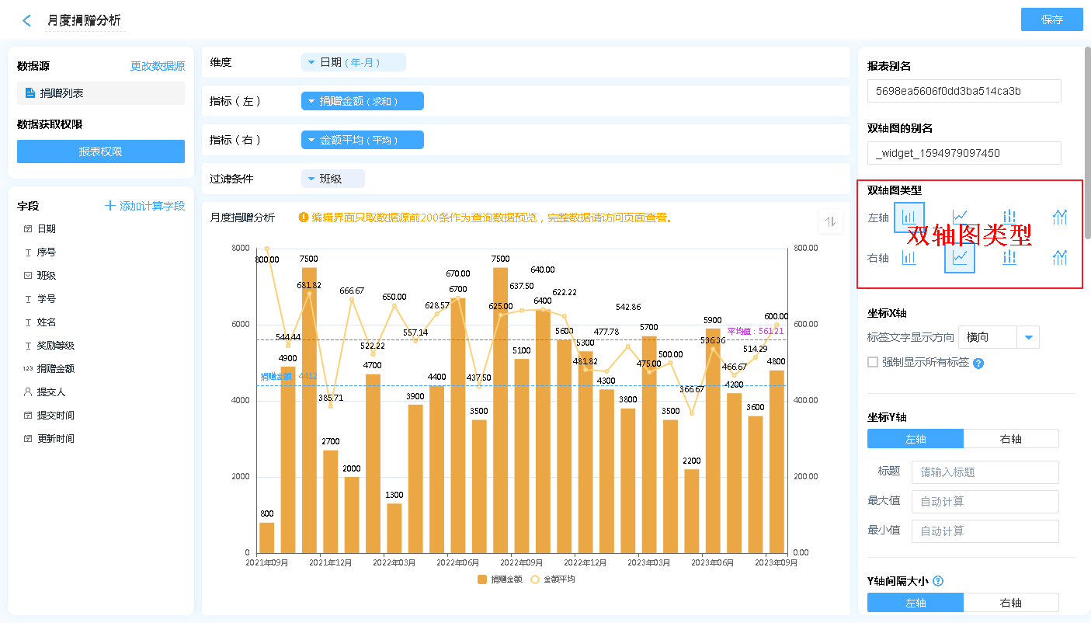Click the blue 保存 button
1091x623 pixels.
tap(1051, 19)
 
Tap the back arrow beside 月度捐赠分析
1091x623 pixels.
tap(27, 21)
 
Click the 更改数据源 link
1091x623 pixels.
tap(157, 67)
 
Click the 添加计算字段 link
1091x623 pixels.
tap(145, 206)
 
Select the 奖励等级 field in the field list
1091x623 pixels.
tap(56, 346)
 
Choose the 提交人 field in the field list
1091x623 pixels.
tap(51, 392)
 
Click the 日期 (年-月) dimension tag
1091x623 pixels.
tap(353, 62)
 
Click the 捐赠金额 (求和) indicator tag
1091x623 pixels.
tap(362, 101)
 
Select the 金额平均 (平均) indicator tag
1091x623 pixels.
tap(362, 140)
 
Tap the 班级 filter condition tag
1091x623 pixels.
tap(332, 179)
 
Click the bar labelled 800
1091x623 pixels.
tap(267, 538)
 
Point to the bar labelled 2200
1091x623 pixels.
tap(692, 510)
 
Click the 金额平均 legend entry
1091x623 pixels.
tap(553, 579)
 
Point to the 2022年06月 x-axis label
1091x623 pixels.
tap(457, 562)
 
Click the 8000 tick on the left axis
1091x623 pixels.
tap(240, 248)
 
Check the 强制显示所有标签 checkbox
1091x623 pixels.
tap(873, 362)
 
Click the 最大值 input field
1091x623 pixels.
tap(985, 502)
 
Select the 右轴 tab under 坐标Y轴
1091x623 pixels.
tap(1010, 439)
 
